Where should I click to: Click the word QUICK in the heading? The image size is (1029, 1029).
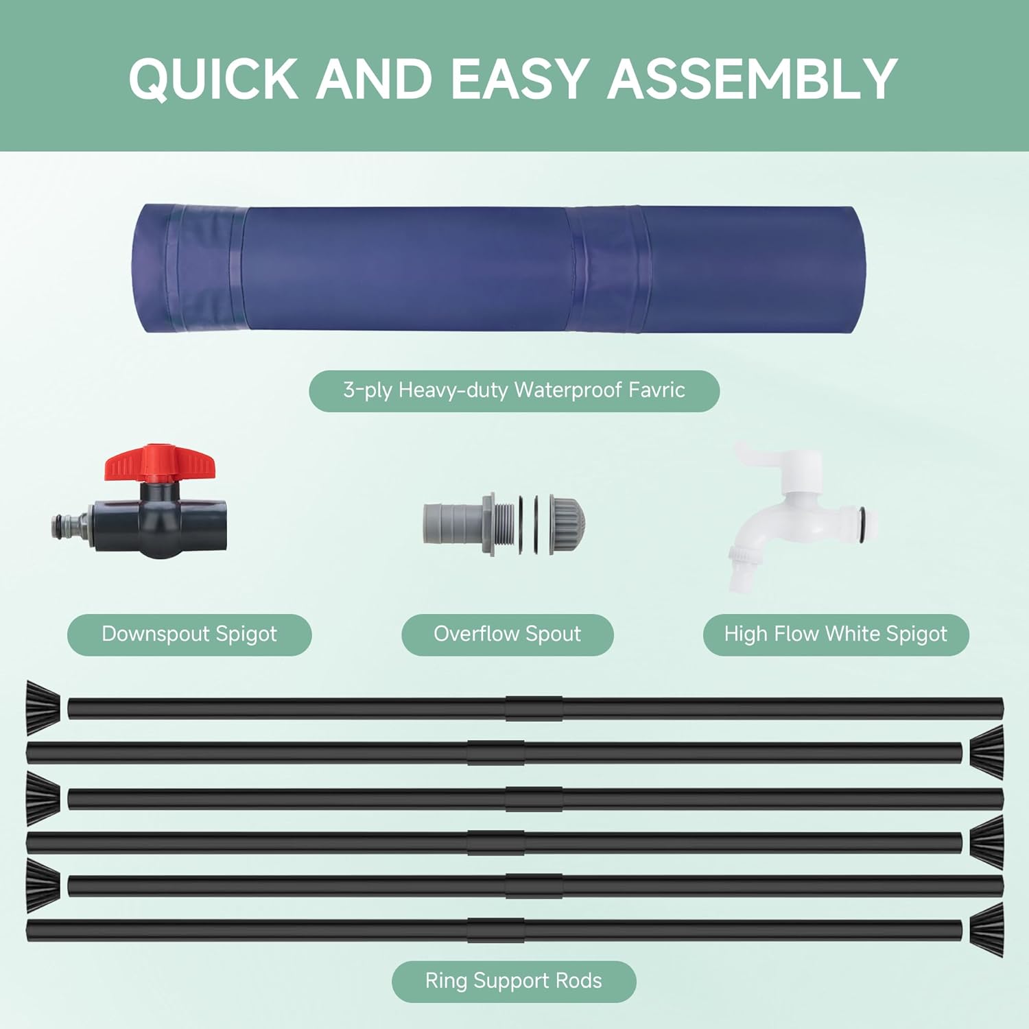213,79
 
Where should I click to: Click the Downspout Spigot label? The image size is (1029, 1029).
189,634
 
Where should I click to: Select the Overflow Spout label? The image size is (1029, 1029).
507,634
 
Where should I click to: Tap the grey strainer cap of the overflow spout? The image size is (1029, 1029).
567,524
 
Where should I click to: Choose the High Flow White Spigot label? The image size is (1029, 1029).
836,634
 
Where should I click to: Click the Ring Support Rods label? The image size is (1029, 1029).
514,981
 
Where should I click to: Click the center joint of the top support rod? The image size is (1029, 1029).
534,708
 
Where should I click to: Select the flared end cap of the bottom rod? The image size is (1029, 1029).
987,930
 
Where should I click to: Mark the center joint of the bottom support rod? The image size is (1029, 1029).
495,930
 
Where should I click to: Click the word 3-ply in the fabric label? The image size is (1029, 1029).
368,390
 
